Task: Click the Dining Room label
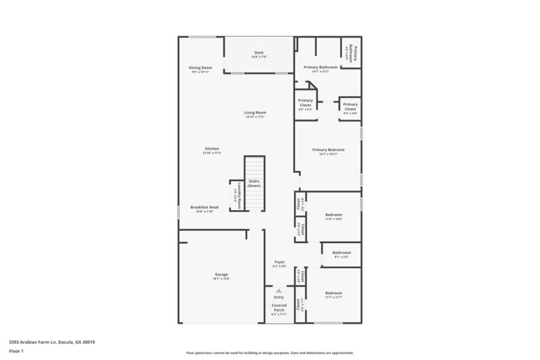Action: [200, 68]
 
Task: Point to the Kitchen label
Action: [212, 149]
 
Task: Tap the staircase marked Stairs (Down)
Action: [254, 183]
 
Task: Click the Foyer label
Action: [279, 262]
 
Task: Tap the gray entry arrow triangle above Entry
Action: [279, 290]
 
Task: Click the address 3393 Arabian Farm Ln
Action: [51, 342]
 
